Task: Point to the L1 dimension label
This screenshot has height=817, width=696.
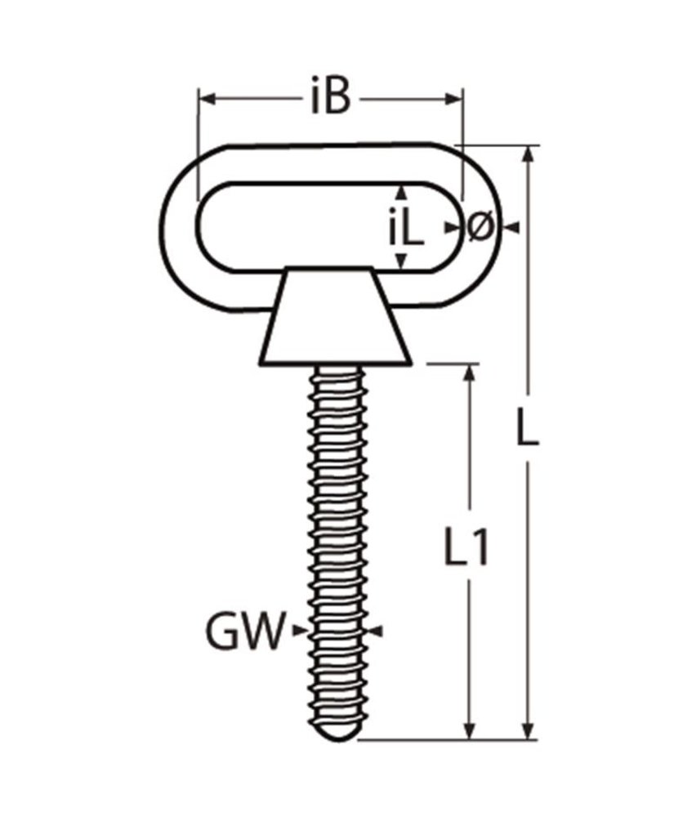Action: pyautogui.click(x=466, y=548)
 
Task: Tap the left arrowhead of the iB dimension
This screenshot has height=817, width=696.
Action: pyautogui.click(x=206, y=99)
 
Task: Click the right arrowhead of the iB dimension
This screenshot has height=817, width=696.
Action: pyautogui.click(x=455, y=99)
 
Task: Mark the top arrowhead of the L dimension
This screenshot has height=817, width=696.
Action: pyautogui.click(x=530, y=155)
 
